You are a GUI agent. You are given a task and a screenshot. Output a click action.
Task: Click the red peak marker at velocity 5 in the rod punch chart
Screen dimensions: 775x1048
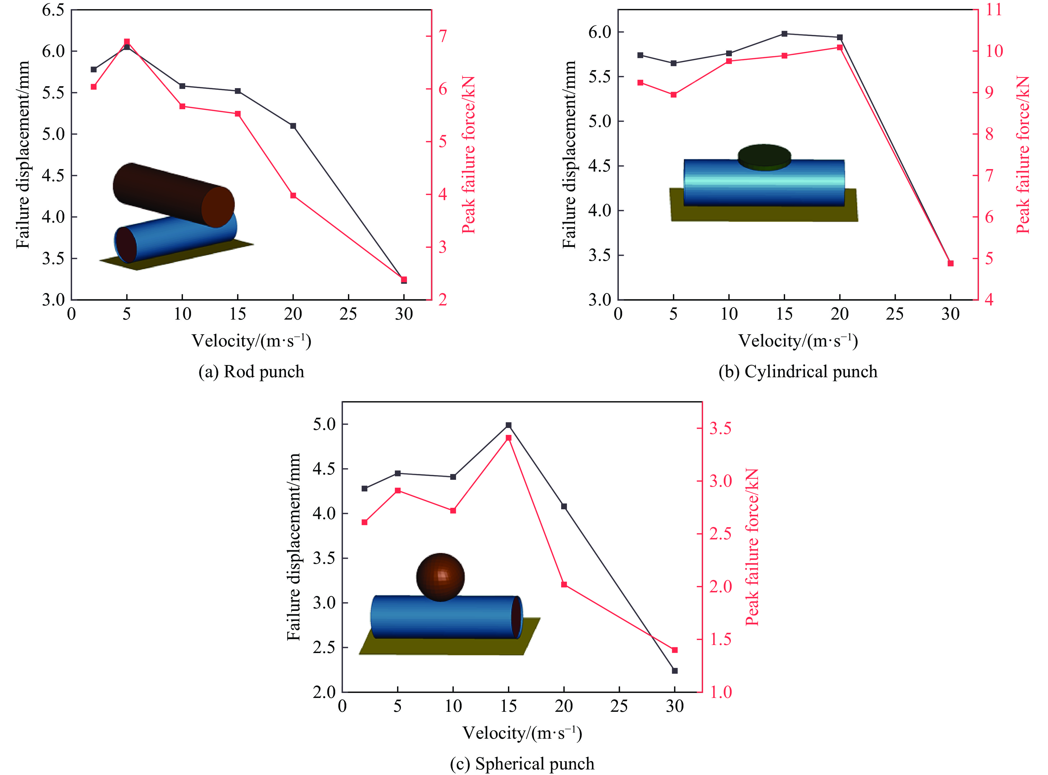[127, 42]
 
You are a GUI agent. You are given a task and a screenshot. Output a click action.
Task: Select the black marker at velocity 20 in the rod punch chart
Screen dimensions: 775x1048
[293, 126]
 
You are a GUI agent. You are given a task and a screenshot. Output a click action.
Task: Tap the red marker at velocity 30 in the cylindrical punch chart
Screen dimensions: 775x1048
[950, 263]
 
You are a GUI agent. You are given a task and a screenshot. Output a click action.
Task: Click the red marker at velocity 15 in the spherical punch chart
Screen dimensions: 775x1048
[508, 438]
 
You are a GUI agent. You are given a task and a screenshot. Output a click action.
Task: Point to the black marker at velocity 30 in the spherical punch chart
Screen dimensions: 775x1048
[675, 671]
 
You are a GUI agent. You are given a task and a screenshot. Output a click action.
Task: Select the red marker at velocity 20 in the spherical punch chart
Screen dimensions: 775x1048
[564, 585]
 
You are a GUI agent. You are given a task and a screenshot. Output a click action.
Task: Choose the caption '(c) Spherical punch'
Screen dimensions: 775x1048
[522, 764]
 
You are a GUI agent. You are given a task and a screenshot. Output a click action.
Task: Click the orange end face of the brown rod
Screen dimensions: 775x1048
[218, 207]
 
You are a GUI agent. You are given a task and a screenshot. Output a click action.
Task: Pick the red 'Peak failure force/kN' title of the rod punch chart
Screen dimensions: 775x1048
[468, 155]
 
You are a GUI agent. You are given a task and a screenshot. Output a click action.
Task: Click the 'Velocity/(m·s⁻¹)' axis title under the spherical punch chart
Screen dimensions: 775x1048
[522, 733]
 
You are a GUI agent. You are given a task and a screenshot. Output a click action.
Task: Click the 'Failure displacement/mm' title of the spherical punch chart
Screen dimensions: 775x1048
[293, 547]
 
